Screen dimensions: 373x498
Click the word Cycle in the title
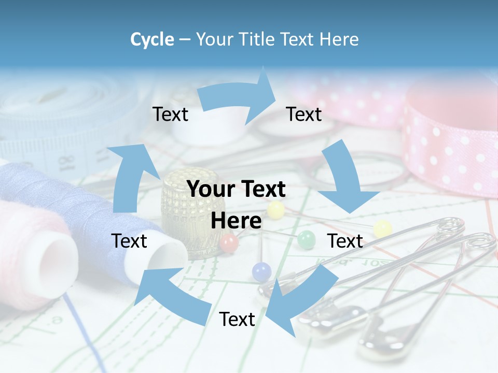(152, 39)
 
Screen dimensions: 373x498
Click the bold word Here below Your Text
(236, 221)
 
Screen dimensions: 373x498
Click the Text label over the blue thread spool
(129, 241)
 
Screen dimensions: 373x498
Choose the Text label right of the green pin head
(345, 241)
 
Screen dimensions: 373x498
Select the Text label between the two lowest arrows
(237, 319)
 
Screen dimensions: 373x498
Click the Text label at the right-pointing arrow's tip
(304, 114)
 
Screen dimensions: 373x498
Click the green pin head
(306, 239)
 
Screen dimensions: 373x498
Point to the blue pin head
(261, 271)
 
